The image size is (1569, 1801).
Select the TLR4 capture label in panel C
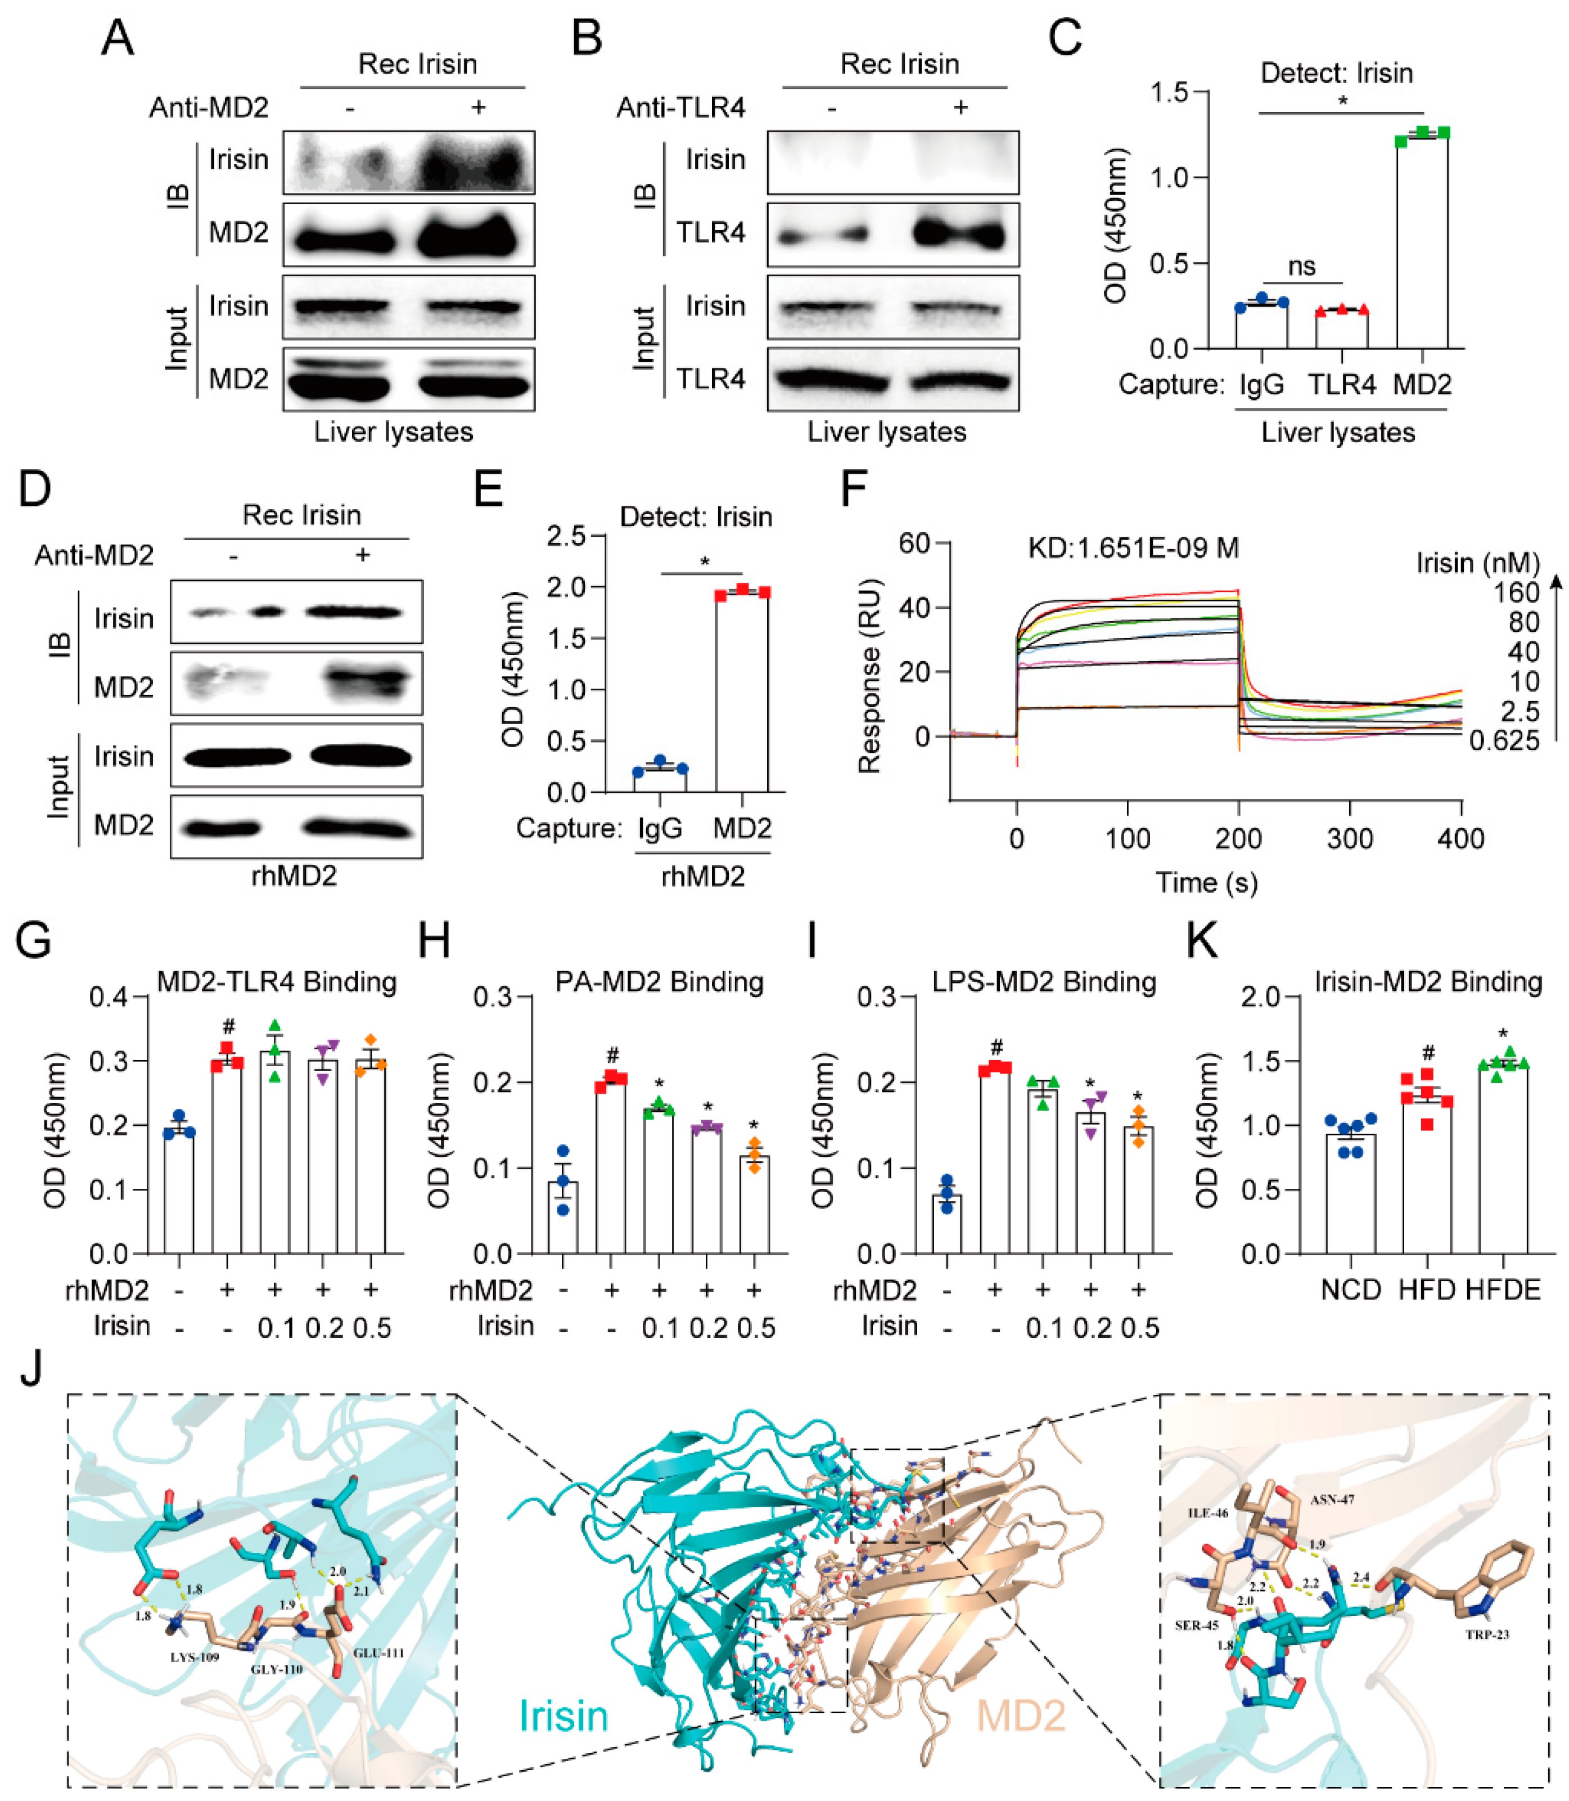point(1341,384)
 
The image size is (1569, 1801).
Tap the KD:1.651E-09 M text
point(1133,549)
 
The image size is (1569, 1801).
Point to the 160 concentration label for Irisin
point(1516,593)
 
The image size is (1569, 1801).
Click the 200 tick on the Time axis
point(1238,839)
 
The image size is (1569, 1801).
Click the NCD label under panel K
point(1351,1290)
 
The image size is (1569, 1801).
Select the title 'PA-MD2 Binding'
point(659,982)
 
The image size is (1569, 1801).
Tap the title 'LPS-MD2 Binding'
point(1044,982)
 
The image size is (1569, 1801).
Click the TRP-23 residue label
point(1487,1634)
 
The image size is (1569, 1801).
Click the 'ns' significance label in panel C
point(1302,266)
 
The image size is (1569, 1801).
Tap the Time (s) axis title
point(1206,882)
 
